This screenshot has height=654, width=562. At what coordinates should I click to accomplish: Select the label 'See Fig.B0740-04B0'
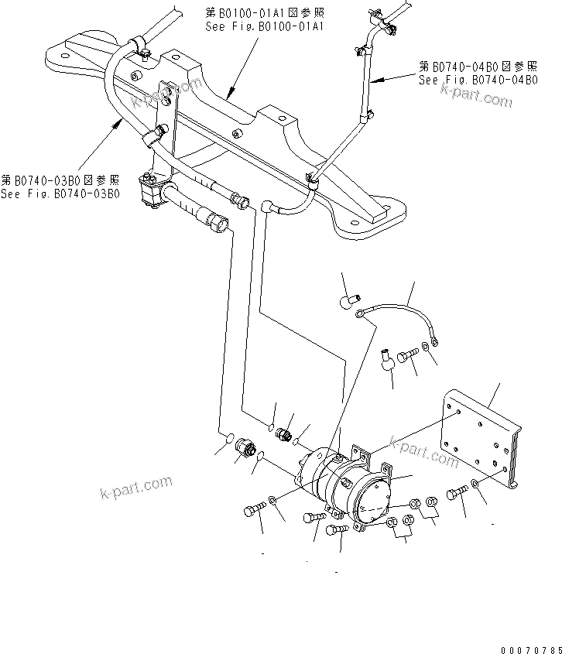pos(478,79)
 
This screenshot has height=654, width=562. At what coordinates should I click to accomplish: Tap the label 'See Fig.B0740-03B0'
pos(60,193)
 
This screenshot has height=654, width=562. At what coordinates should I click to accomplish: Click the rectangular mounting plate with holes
pos(481,442)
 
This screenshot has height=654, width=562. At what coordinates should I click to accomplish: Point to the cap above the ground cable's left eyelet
pos(348,300)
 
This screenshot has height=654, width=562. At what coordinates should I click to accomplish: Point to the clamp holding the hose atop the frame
pos(141,46)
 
